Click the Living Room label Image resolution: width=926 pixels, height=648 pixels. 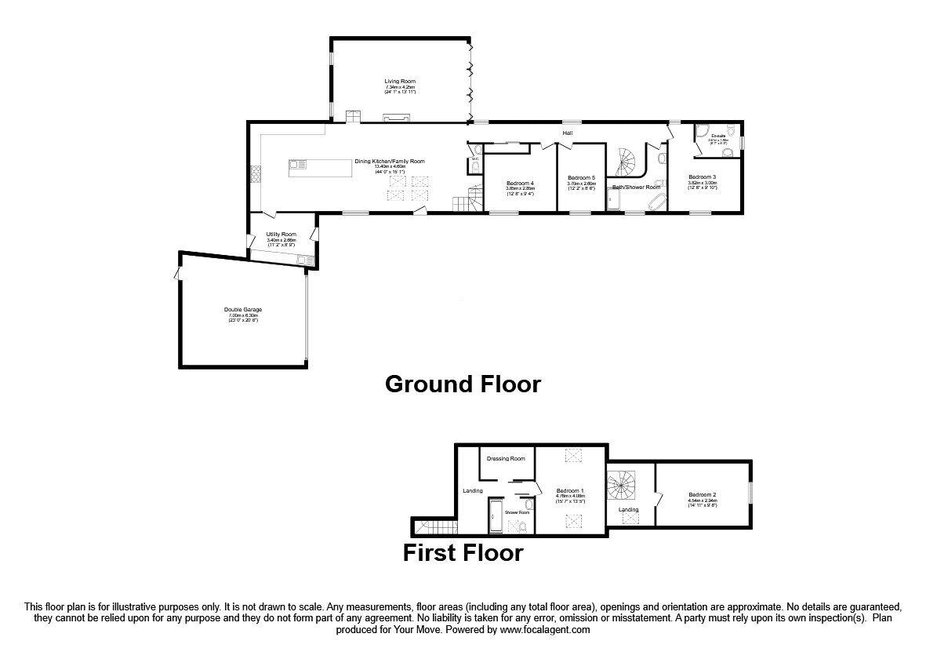[x=399, y=82]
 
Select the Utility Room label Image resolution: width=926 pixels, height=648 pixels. [x=281, y=235]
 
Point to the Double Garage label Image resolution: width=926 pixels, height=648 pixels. [x=242, y=310]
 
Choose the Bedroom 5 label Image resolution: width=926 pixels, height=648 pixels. [x=581, y=178]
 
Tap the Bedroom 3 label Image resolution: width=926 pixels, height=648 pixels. [x=703, y=177]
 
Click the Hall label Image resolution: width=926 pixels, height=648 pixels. [x=566, y=133]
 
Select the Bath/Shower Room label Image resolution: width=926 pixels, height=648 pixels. [x=636, y=187]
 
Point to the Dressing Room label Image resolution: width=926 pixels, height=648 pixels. [x=506, y=458]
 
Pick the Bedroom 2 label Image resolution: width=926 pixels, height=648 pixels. [x=703, y=494]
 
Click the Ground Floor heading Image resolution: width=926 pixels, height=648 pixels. [x=463, y=384]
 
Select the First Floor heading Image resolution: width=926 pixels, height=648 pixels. [x=463, y=552]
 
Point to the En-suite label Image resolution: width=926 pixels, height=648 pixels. [x=718, y=136]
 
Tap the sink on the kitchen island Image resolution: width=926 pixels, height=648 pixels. [x=299, y=164]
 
